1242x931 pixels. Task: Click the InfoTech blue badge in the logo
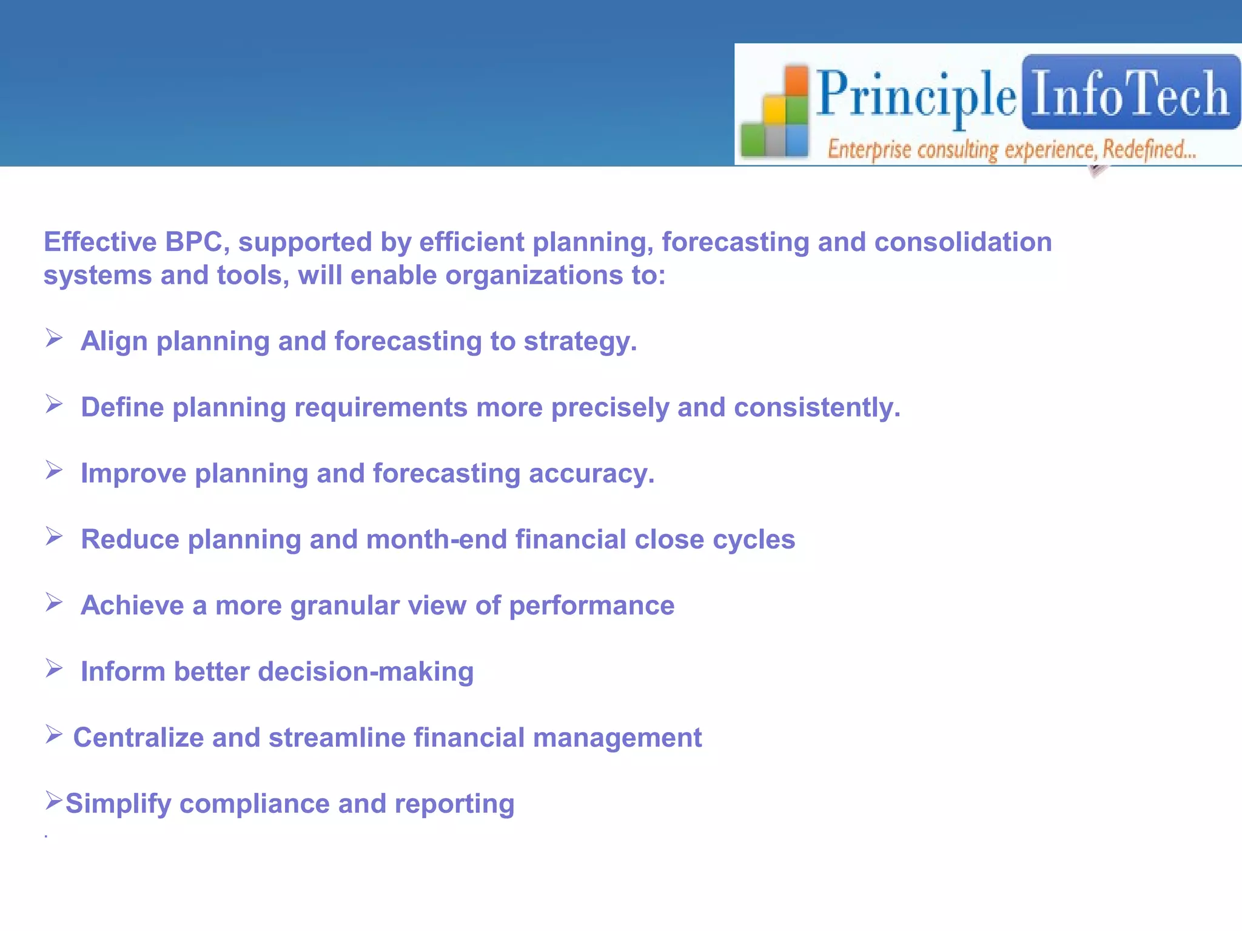(1130, 93)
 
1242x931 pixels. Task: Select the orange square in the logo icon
(797, 80)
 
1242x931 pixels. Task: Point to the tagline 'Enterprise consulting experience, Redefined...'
(1012, 149)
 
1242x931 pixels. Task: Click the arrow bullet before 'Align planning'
(54, 338)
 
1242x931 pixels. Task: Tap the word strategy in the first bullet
(580, 341)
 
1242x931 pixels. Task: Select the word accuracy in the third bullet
(591, 473)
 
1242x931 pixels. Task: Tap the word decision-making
(366, 672)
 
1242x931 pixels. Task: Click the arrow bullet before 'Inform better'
(54, 669)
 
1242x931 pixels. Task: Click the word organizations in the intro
(534, 276)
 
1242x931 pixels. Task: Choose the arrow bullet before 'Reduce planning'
(54, 536)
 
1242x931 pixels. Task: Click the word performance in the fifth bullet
(591, 606)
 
